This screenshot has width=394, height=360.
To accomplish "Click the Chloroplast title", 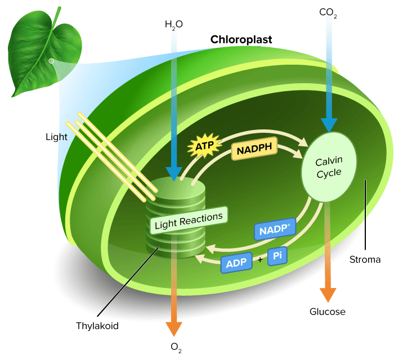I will click(241, 40).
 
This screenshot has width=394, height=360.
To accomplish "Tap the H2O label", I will click(174, 24).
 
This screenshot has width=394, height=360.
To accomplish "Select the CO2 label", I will click(328, 12).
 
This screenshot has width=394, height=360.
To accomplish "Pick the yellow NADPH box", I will click(253, 150).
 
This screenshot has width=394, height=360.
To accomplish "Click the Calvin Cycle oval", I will click(329, 167).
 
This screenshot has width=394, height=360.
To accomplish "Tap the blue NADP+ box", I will click(275, 230).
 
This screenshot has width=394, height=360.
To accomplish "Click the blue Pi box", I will click(277, 256).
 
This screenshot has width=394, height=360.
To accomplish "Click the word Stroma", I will click(364, 259).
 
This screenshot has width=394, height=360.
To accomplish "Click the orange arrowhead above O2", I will click(174, 329).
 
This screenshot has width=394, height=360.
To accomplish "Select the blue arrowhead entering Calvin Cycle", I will click(328, 125).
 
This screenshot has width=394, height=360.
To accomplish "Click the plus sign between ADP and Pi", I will click(259, 260).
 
